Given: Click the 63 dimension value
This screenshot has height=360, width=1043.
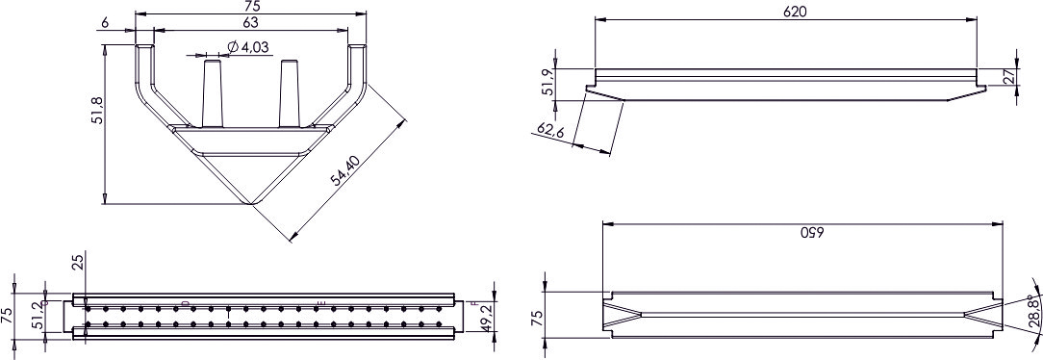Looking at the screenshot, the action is tap(251, 22).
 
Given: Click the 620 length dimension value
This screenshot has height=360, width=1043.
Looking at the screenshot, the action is tap(795, 12).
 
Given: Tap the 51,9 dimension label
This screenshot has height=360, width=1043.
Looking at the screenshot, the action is tap(547, 82).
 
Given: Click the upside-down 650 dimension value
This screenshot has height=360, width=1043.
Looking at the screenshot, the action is tap(812, 233).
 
